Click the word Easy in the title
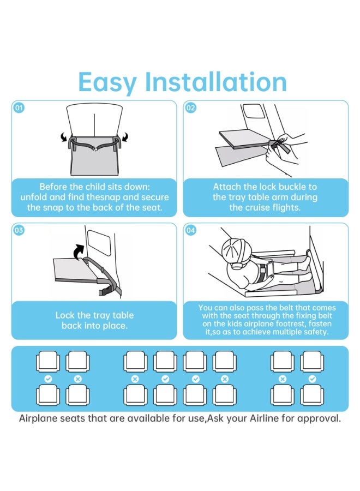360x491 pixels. pos(107,83)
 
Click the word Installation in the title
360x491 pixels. pos(215,82)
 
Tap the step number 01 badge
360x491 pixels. pos(19,108)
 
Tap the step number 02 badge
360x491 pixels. pos(191,108)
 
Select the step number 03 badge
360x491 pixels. pos(19,230)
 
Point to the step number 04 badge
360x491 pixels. pos(191,230)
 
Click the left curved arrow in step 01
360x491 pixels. pos(64,137)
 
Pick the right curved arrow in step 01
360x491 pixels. pos(124,137)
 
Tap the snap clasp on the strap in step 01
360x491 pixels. pos(94,149)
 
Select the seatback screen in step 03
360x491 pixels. pos(99,243)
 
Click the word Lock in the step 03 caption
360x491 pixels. pos(65,315)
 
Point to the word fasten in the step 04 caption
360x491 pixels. pos(320,324)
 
